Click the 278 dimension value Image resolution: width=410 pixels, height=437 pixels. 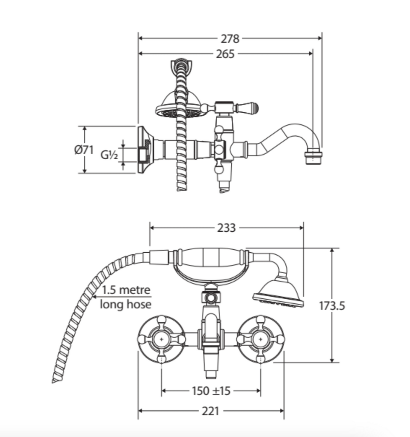230,39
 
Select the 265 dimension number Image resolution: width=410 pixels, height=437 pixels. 225,54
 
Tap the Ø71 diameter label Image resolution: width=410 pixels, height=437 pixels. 84,150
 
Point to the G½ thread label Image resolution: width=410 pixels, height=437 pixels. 109,155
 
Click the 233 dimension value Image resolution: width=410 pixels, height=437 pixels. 226,228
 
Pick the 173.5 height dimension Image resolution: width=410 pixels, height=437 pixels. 332,306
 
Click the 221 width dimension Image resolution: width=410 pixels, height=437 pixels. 210,411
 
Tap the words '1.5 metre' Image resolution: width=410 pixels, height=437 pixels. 126,290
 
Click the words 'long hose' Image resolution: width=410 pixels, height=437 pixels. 126,304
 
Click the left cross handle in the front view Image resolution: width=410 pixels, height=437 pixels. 161,339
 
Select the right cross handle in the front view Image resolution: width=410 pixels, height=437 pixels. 260,339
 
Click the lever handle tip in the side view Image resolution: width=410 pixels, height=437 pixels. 254,108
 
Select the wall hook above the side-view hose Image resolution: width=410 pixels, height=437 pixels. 181,66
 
